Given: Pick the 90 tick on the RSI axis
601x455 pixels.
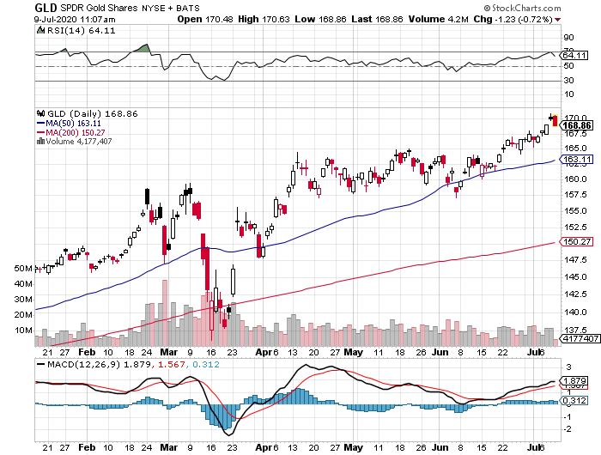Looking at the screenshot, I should point(568,38).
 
